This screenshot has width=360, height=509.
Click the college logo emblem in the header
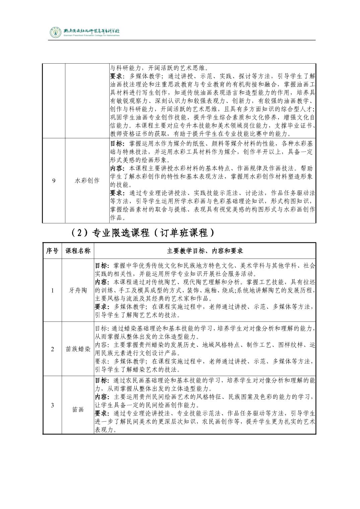coord(55,32)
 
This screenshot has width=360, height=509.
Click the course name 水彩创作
coord(87,181)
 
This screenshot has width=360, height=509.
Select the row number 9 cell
coord(54,181)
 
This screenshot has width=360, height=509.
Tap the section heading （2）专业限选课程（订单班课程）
coord(143,233)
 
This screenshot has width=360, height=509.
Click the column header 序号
coord(52,251)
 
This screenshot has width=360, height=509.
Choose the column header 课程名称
coord(78,251)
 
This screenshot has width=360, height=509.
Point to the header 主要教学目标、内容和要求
coord(205,251)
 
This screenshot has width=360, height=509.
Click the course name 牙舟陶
coord(78,290)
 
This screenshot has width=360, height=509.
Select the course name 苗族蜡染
coord(78,349)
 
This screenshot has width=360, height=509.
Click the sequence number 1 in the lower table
coord(52,290)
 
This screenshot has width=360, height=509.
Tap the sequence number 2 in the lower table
coord(52,349)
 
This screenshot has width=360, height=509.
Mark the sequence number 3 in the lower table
coord(52,405)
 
